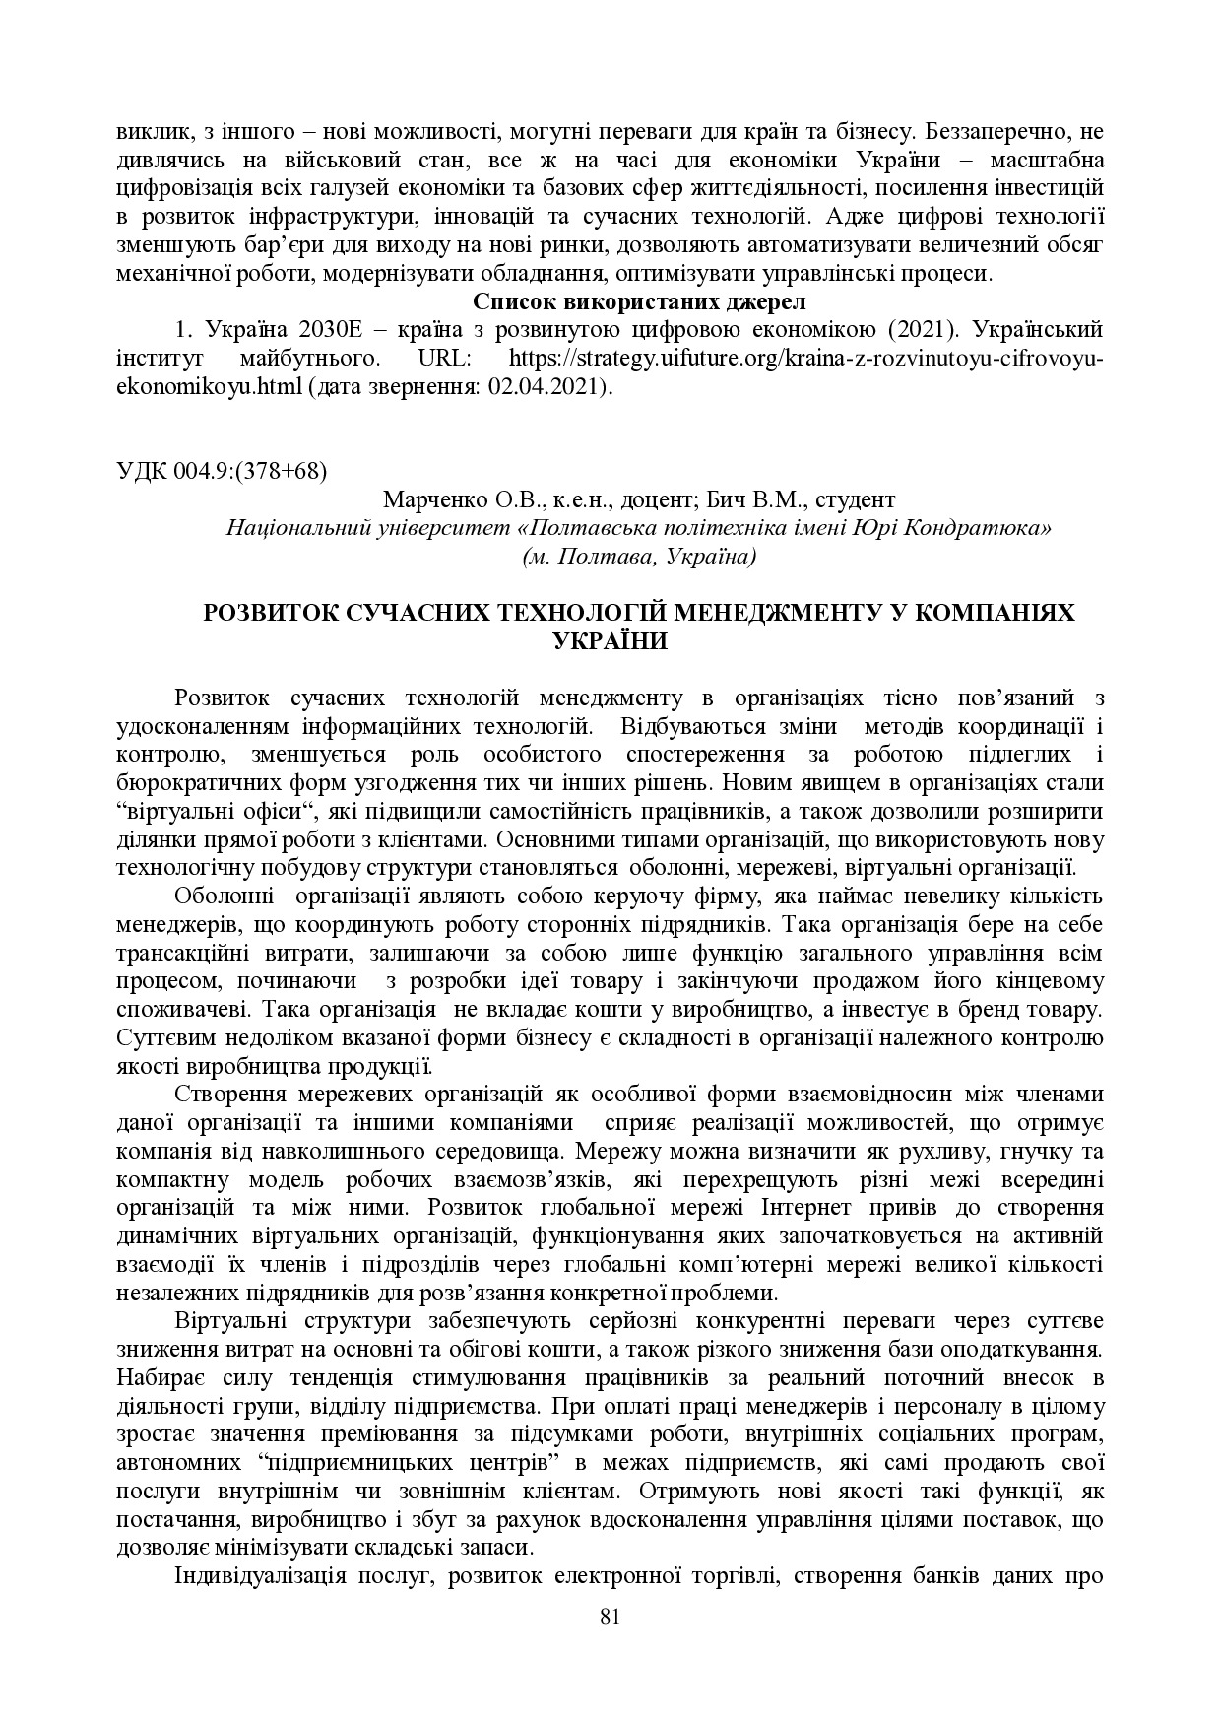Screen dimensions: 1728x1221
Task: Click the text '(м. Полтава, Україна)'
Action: [x=639, y=557]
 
